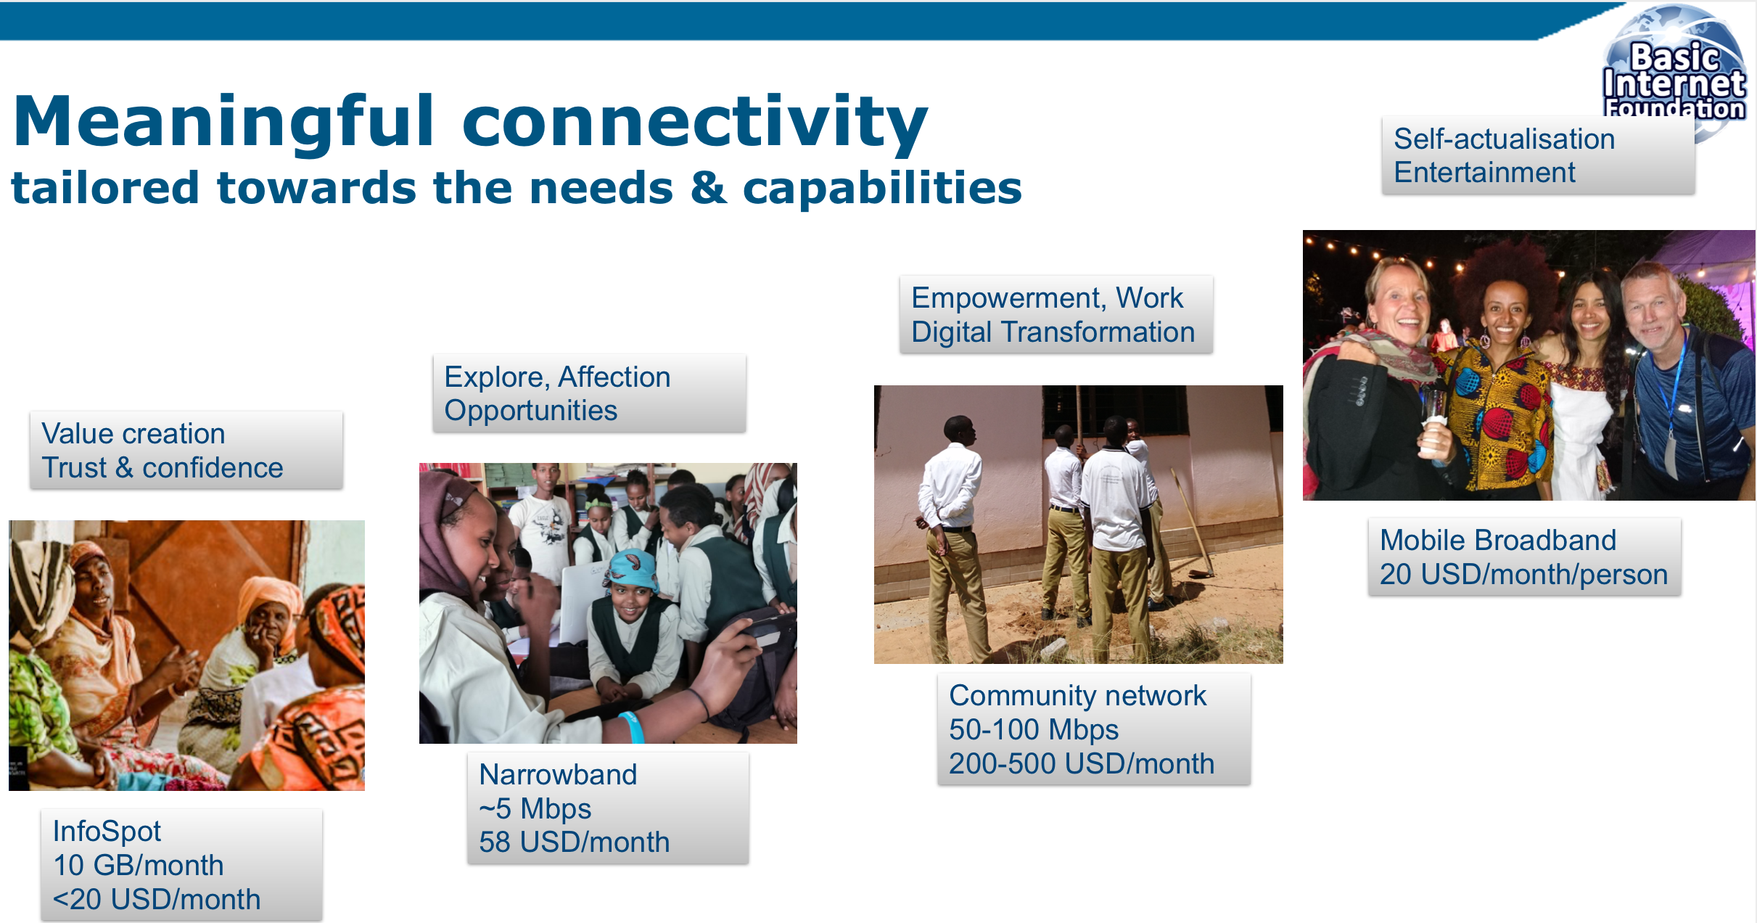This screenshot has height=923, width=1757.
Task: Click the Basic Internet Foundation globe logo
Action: (1674, 73)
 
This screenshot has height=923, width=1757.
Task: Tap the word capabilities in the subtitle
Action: (882, 188)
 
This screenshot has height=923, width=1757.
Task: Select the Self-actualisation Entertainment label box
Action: (1538, 155)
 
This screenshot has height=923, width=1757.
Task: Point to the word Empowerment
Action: (1008, 298)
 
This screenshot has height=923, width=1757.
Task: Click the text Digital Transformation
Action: (1053, 332)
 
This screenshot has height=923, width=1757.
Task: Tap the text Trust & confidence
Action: (162, 467)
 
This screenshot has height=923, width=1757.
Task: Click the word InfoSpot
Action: (107, 832)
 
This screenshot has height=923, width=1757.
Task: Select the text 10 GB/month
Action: (139, 865)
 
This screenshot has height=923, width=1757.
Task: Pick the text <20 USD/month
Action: (157, 899)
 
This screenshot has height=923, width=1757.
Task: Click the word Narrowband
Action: (558, 774)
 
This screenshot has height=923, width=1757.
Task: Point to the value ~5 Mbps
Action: (535, 808)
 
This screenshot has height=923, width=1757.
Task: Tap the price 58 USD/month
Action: (575, 842)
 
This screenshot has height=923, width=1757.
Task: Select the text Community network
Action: (1078, 695)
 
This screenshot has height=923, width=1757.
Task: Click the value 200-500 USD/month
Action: (1082, 763)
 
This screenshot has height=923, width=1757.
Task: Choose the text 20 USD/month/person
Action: (1524, 574)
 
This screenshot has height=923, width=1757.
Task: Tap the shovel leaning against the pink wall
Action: (1190, 522)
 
